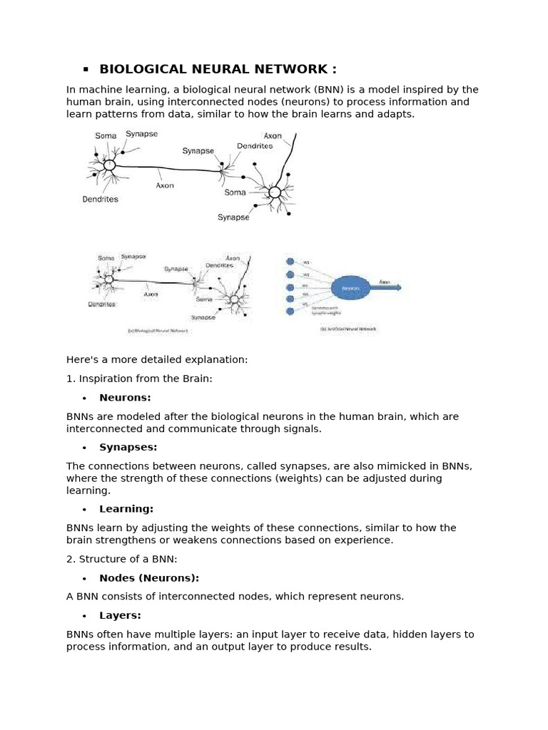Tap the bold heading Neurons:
click(x=125, y=398)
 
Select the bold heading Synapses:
click(x=128, y=448)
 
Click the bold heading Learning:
click(x=126, y=509)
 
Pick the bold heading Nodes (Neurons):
click(x=149, y=578)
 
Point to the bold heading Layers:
click(x=120, y=615)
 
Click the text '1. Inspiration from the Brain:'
click(x=139, y=379)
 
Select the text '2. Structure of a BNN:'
click(x=121, y=559)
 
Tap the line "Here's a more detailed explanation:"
click(x=157, y=359)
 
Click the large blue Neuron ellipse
click(x=350, y=288)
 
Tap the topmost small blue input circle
click(x=290, y=262)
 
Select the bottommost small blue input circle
click(x=290, y=312)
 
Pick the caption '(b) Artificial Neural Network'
click(x=348, y=329)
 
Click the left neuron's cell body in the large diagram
click(x=109, y=165)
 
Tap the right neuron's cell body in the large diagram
click(x=274, y=192)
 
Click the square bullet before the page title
click(x=86, y=69)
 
